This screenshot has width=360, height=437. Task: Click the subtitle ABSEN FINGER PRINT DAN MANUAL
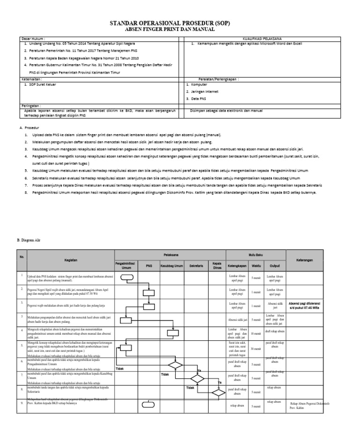(170, 29)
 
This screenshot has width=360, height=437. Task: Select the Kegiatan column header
(68, 260)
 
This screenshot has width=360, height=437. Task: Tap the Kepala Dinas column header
(217, 265)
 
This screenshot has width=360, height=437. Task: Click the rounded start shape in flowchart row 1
(127, 277)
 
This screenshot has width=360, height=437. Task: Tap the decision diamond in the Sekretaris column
(197, 378)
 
